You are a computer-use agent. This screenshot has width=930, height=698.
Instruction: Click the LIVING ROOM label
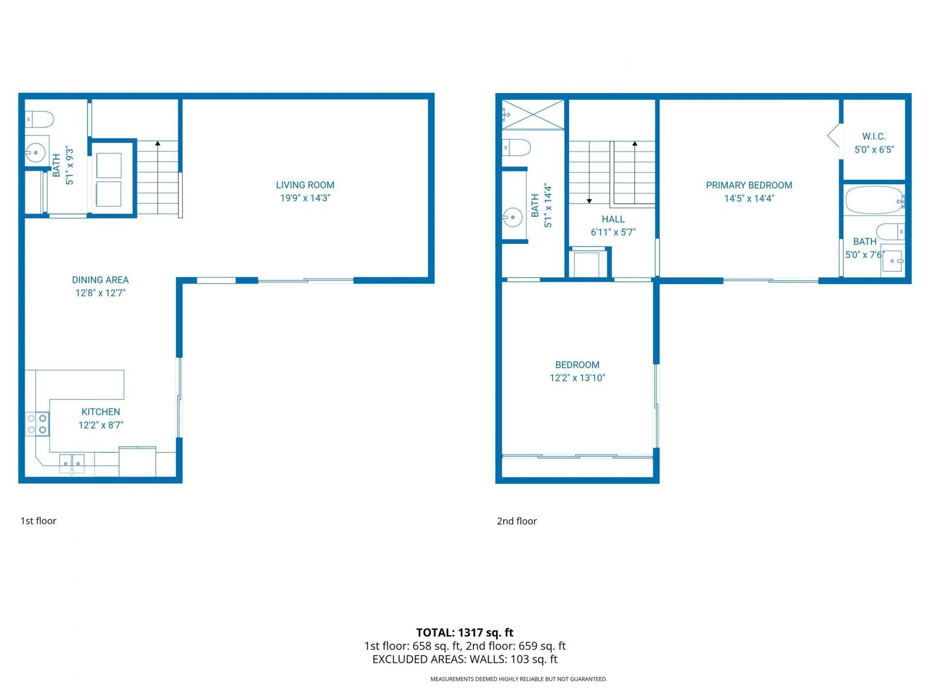click(x=305, y=185)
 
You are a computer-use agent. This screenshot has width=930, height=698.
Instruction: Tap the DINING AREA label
click(x=100, y=280)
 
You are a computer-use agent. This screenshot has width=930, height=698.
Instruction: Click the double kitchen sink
click(x=72, y=463)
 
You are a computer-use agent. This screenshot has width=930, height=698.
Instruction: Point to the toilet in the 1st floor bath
click(x=40, y=119)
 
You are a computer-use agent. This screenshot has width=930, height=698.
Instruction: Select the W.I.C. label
click(x=874, y=136)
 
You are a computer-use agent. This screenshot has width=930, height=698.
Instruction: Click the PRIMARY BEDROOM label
click(x=749, y=185)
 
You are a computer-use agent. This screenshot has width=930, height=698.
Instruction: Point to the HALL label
click(x=613, y=219)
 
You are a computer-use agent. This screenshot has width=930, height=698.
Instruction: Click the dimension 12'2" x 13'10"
click(x=577, y=378)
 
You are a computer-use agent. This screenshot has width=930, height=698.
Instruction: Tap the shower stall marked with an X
click(x=533, y=115)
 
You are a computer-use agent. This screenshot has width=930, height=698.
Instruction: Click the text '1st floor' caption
click(x=38, y=521)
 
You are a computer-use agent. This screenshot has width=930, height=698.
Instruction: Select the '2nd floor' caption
click(x=517, y=521)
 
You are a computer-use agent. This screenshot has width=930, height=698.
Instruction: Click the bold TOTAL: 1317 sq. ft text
click(x=465, y=633)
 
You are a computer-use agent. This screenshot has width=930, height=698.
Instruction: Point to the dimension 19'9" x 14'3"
click(x=305, y=198)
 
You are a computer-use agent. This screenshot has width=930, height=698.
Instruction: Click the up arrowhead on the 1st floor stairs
click(x=157, y=143)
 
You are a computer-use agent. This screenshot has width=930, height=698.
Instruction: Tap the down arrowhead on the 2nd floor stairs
click(x=589, y=201)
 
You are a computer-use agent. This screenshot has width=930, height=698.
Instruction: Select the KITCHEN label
click(x=101, y=412)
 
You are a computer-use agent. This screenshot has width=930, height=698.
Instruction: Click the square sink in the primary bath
click(x=892, y=261)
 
